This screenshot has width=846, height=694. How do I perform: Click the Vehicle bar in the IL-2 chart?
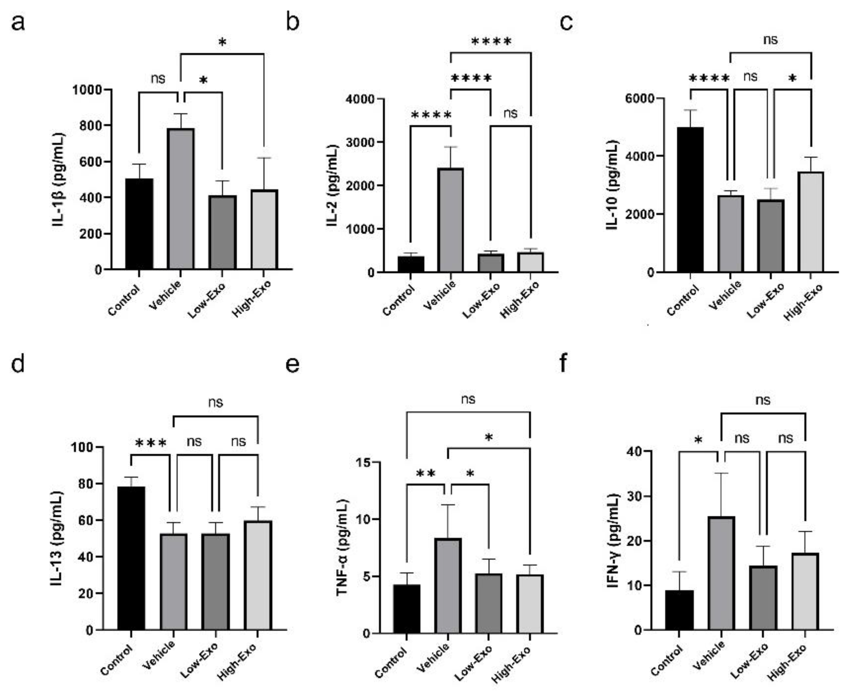click(450, 220)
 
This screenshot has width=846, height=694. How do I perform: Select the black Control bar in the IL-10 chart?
click(690, 200)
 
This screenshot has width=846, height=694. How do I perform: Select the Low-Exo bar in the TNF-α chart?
click(489, 603)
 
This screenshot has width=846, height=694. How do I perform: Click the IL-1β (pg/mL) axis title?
click(58, 180)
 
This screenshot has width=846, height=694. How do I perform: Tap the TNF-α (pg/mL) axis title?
click(342, 548)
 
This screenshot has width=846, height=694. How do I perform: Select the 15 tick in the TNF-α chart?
click(365, 462)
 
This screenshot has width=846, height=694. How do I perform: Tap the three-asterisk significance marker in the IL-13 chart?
click(151, 443)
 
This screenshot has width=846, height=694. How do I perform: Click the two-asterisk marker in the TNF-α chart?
click(425, 474)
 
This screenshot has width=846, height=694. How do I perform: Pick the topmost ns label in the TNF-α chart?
click(468, 399)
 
